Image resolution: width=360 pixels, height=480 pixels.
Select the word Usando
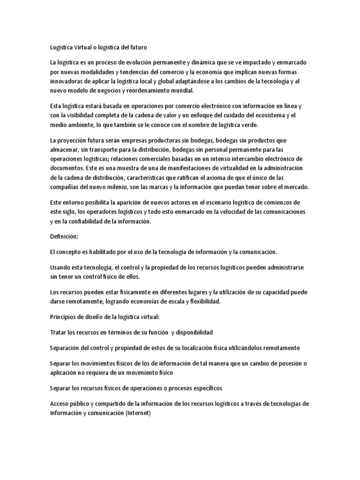[60, 267]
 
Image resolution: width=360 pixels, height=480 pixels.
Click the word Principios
[64, 317]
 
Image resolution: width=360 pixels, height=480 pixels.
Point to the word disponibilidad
[194, 332]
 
